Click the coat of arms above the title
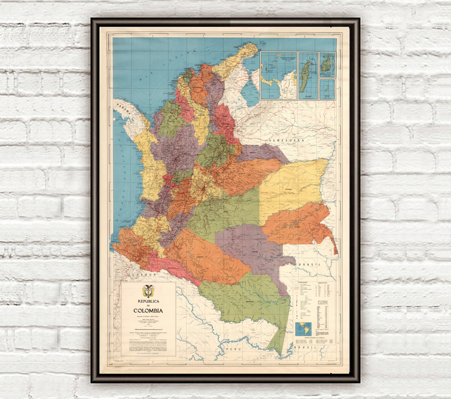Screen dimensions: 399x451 [x=148, y=291]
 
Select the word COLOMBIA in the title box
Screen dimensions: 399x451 [x=148, y=311]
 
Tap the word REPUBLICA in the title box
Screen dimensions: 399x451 [x=148, y=301]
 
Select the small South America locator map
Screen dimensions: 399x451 [x=303, y=329]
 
